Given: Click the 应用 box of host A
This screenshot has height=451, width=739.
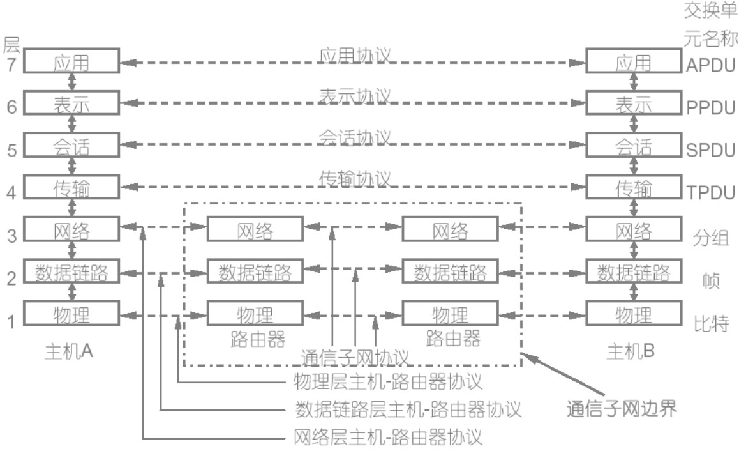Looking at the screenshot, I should [71, 62].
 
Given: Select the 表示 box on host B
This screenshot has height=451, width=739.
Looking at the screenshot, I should [634, 105].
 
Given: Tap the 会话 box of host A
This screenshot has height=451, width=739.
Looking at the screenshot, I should [71, 147].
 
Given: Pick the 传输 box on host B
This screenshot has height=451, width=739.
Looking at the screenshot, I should [634, 188].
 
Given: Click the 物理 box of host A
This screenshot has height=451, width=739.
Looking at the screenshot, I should [71, 314].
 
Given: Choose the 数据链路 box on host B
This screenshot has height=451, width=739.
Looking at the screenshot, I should [634, 272].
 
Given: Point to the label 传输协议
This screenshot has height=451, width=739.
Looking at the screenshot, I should [355, 180].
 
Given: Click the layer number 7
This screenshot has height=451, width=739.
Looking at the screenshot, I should [11, 65].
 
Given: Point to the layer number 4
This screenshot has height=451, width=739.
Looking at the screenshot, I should [11, 192].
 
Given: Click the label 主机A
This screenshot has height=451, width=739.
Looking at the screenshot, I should [69, 351].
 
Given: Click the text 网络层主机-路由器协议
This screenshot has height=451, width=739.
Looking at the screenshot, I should [387, 438].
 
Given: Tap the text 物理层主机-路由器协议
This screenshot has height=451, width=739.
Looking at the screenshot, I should [387, 382].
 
